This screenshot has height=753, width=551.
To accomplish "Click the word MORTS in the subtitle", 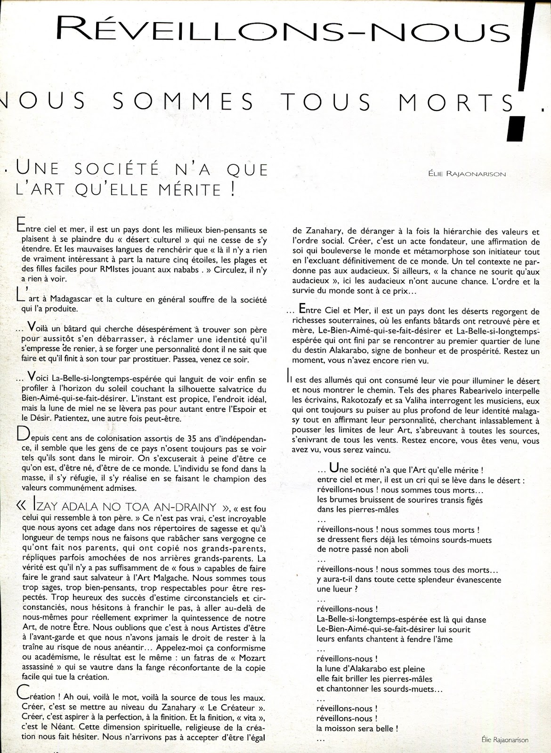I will click(x=464, y=102).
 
